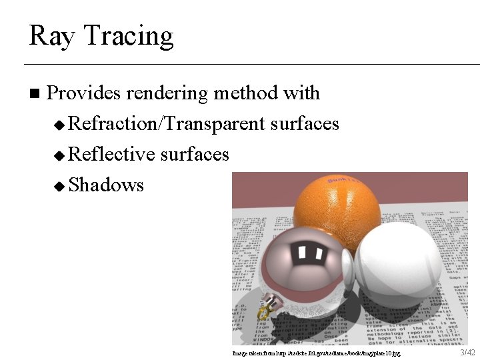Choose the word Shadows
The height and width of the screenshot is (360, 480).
pos(106,185)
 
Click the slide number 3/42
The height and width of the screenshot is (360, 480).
pos(467,352)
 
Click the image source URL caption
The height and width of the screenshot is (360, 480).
pos(316,353)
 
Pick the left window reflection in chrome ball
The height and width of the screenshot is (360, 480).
pos(301,252)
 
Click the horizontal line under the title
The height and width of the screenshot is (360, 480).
pos(252,64)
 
